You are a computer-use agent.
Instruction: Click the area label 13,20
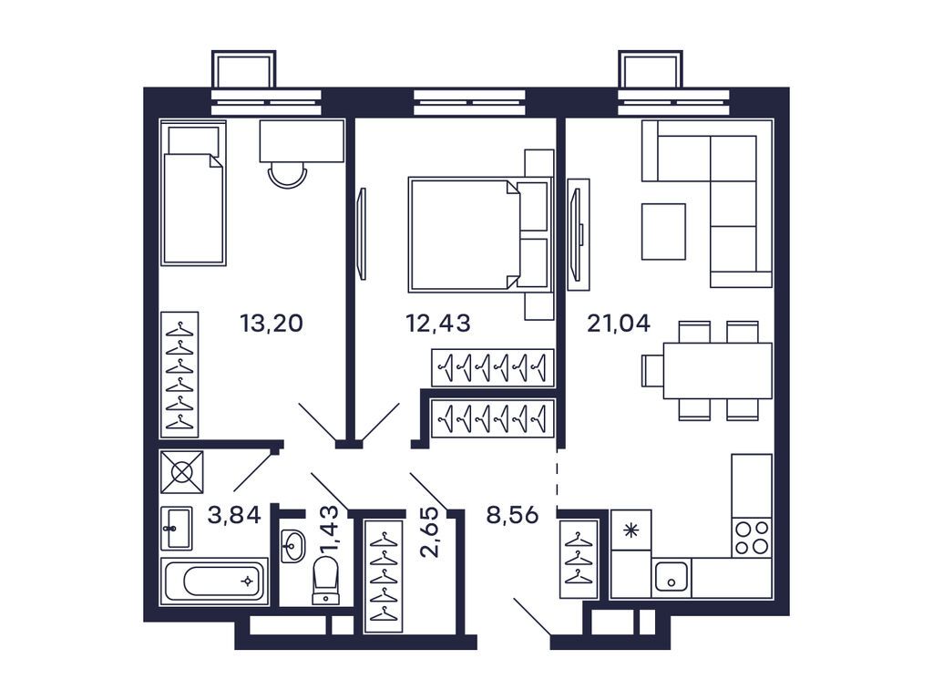[271, 323]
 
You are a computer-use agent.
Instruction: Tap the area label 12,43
[437, 323]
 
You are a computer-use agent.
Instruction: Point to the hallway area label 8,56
[512, 515]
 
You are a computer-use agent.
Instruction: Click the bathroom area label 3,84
[234, 515]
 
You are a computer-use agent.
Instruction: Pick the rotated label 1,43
[333, 529]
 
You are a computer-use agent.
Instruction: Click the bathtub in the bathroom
[214, 581]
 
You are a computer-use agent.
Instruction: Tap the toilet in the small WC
[325, 580]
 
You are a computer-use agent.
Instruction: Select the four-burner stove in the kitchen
[752, 537]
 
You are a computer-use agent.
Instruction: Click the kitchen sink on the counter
[672, 576]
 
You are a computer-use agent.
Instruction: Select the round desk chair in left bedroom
[287, 174]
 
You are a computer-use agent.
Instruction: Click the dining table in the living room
[716, 370]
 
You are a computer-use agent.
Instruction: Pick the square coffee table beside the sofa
[663, 232]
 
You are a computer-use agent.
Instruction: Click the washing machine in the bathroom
[181, 472]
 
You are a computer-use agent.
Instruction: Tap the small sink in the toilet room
[292, 546]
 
